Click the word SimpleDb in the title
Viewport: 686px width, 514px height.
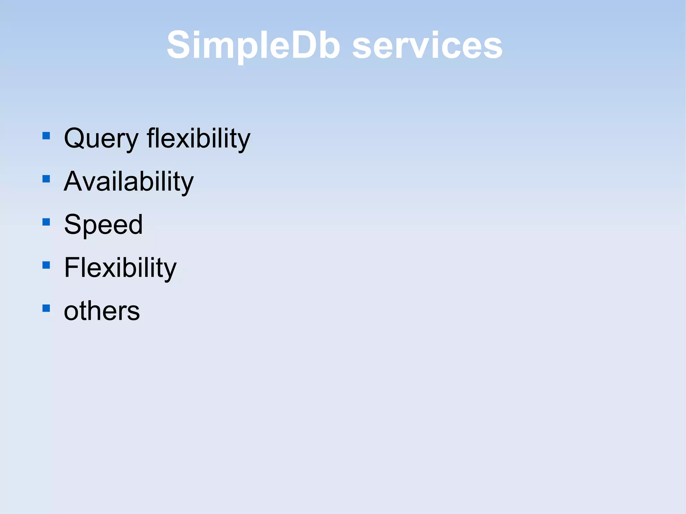point(254,45)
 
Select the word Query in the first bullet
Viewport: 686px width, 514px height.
point(101,139)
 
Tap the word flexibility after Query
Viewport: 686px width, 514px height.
point(198,139)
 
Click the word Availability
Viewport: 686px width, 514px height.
point(129,181)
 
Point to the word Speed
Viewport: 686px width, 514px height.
point(103,225)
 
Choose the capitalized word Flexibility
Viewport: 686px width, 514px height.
point(120,268)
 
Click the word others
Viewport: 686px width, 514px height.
point(101,311)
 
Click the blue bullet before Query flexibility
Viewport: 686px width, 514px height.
point(46,136)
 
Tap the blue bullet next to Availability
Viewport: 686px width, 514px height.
point(46,179)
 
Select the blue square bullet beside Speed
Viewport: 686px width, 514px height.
point(46,222)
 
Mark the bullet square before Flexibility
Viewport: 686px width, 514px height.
point(46,265)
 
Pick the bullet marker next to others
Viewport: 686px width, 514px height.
point(46,308)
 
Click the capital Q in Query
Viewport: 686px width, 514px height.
point(74,138)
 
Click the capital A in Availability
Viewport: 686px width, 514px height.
point(74,181)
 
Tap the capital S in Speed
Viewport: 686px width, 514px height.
point(73,224)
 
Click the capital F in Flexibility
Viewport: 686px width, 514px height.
point(72,268)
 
